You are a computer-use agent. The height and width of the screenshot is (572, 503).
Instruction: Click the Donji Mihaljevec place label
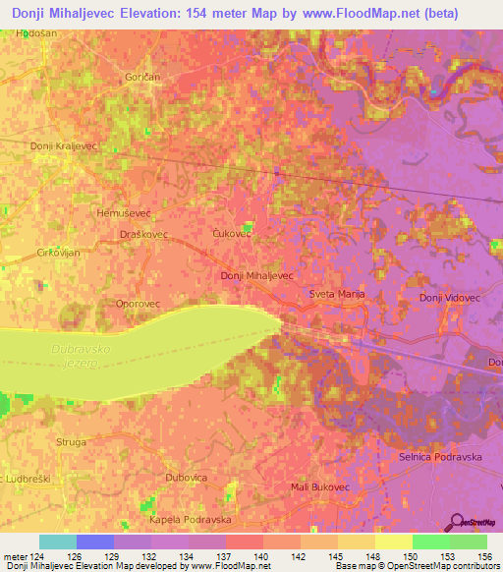tap(257, 276)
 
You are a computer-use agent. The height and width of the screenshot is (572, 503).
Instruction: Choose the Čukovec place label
tap(233, 234)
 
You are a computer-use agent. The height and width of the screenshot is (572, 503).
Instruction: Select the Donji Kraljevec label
tap(63, 145)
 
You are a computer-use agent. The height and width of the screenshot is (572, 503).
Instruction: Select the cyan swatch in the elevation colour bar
tap(57, 542)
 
